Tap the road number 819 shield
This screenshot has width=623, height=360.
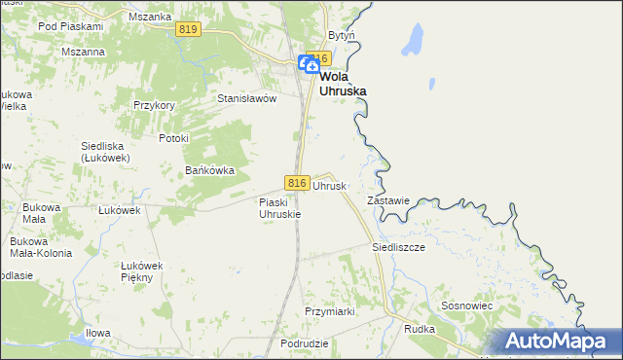[189, 31]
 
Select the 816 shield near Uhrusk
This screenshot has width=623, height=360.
[298, 183]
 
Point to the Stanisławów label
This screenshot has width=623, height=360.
[247, 98]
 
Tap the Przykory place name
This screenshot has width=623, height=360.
[154, 105]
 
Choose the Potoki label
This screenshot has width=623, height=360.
[172, 138]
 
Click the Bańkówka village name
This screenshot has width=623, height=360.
[210, 170]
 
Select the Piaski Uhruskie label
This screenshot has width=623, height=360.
[279, 207]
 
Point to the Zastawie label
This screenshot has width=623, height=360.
[387, 200]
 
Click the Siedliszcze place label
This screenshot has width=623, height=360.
[399, 247]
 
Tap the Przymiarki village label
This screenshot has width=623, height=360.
[328, 311]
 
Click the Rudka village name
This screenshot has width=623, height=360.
[420, 329]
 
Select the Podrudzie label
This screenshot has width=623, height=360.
[304, 344]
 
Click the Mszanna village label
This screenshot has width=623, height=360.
[83, 52]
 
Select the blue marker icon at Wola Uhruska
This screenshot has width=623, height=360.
[307, 64]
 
